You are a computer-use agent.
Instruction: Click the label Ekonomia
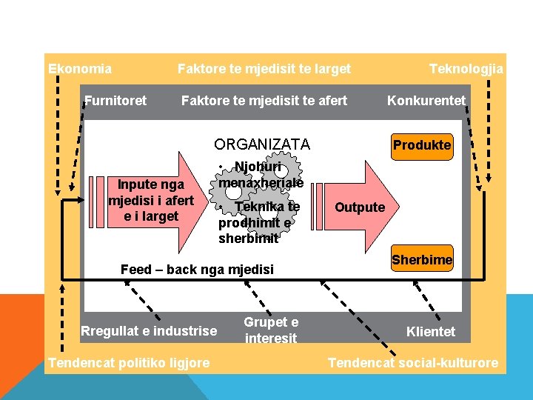[x=80, y=69]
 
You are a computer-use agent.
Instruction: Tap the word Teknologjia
[x=466, y=69]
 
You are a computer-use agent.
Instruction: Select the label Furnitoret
[x=115, y=100]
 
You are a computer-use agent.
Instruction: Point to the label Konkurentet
[x=426, y=100]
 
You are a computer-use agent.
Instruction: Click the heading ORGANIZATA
[x=262, y=144]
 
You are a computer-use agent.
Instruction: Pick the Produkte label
[x=421, y=145]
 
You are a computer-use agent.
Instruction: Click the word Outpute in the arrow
[x=360, y=207]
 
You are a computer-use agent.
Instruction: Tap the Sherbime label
[x=421, y=259]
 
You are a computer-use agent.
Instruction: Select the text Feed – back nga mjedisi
[x=197, y=270]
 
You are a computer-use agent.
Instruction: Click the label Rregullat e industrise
[x=149, y=330]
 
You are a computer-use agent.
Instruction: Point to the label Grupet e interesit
[x=271, y=330]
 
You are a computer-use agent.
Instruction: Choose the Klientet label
[x=431, y=331]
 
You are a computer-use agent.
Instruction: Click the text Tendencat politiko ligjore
[x=128, y=362]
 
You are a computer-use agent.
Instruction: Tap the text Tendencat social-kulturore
[x=413, y=362]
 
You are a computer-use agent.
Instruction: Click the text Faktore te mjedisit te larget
[x=264, y=69]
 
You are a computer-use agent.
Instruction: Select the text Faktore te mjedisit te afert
[x=264, y=100]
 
